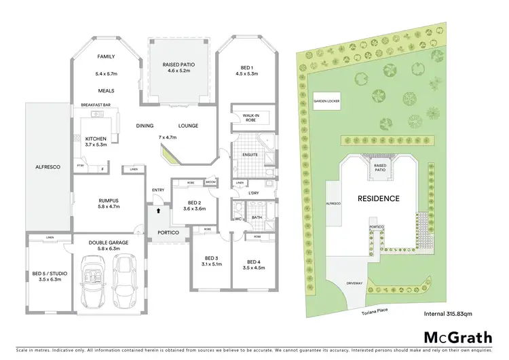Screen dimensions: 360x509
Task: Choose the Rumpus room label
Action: (108, 201)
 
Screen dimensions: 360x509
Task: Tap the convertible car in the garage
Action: (92, 278)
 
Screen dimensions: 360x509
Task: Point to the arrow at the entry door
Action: (159, 211)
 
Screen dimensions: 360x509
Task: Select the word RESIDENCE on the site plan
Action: (379, 198)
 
